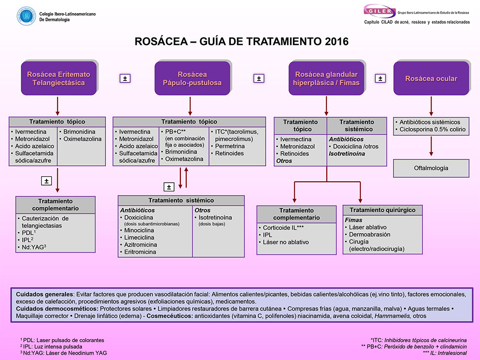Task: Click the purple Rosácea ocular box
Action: (431, 78)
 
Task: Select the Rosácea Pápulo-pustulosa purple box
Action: (192, 78)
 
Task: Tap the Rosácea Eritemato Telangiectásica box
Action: (58, 78)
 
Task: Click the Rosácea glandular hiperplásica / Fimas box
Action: (326, 78)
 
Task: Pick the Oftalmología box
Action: (431, 168)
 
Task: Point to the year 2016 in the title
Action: (331, 42)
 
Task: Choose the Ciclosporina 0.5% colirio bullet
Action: (432, 129)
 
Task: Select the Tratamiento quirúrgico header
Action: (383, 210)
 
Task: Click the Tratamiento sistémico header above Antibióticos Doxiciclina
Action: (356, 125)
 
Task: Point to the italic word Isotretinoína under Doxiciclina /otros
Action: (347, 154)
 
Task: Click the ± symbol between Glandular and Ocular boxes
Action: (381, 78)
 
